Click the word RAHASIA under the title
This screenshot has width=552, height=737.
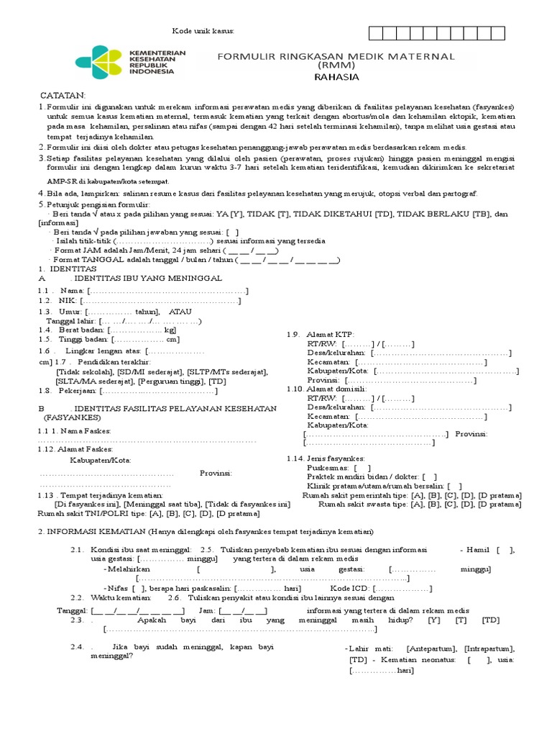pos(336,77)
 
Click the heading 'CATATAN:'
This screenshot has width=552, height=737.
pos(63,96)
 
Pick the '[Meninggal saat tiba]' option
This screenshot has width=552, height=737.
pos(159,505)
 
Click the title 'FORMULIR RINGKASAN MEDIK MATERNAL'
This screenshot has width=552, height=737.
pos(336,56)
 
